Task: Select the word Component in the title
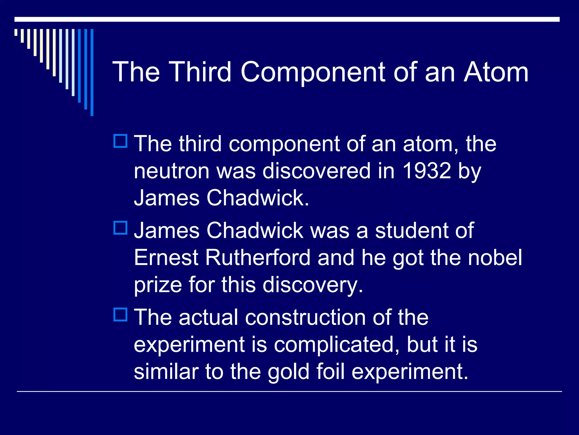[313, 72]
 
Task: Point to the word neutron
[171, 171]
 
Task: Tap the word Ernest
[166, 258]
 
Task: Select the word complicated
[336, 345]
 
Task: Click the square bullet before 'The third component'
[120, 141]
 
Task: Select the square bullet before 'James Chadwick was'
[120, 228]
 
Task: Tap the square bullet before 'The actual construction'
[120, 314]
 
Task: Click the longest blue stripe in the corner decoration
[92, 72]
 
